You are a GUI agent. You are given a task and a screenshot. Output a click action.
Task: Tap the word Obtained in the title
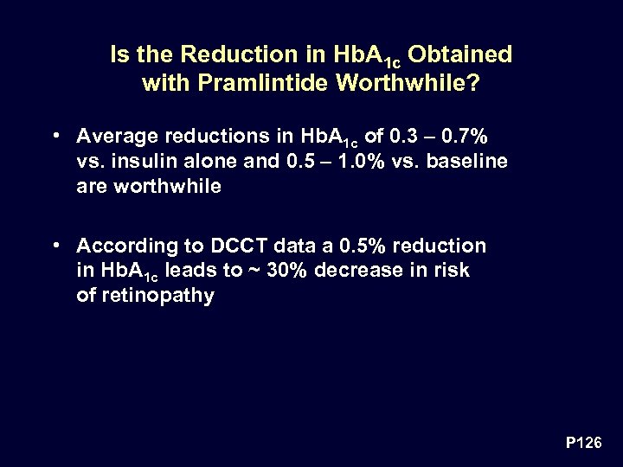pyautogui.click(x=459, y=54)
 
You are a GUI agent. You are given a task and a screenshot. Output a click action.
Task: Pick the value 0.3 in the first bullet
pyautogui.click(x=401, y=136)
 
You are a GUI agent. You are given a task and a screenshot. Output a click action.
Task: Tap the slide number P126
pyautogui.click(x=585, y=443)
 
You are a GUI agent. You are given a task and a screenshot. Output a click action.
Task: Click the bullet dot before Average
pyautogui.click(x=55, y=136)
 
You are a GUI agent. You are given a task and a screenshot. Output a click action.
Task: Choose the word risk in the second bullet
pyautogui.click(x=453, y=271)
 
